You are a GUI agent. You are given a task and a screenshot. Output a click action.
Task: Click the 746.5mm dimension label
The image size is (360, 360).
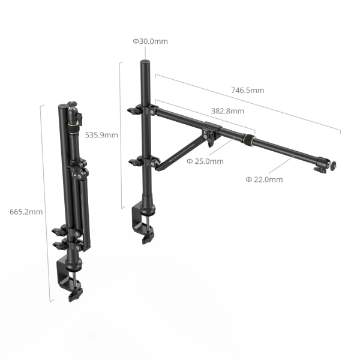pos(247,90)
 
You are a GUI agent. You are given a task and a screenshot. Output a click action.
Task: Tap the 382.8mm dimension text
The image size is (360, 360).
pos(227,111)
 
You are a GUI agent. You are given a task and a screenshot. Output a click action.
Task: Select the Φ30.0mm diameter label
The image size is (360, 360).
pos(150,41)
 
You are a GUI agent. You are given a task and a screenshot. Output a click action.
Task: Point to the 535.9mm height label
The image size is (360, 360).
pos(101,135)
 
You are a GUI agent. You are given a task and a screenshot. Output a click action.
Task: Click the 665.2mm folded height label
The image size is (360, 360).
pos(26,212)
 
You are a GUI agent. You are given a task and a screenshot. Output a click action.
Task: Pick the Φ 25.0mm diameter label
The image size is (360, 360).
pos(205,161)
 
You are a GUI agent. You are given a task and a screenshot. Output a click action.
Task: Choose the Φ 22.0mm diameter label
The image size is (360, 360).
pos(264,179)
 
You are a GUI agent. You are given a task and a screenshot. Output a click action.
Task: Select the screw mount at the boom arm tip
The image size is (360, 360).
pos(332,163)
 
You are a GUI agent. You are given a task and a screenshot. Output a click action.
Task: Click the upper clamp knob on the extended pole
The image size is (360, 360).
pos(134,110)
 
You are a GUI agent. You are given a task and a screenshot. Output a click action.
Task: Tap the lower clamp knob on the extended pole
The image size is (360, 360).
pos(134,161)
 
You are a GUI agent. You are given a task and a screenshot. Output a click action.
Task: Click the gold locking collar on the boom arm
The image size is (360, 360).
pos(248,142)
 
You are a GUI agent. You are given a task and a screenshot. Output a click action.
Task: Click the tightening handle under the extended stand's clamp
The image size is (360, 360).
pos(146,238)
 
